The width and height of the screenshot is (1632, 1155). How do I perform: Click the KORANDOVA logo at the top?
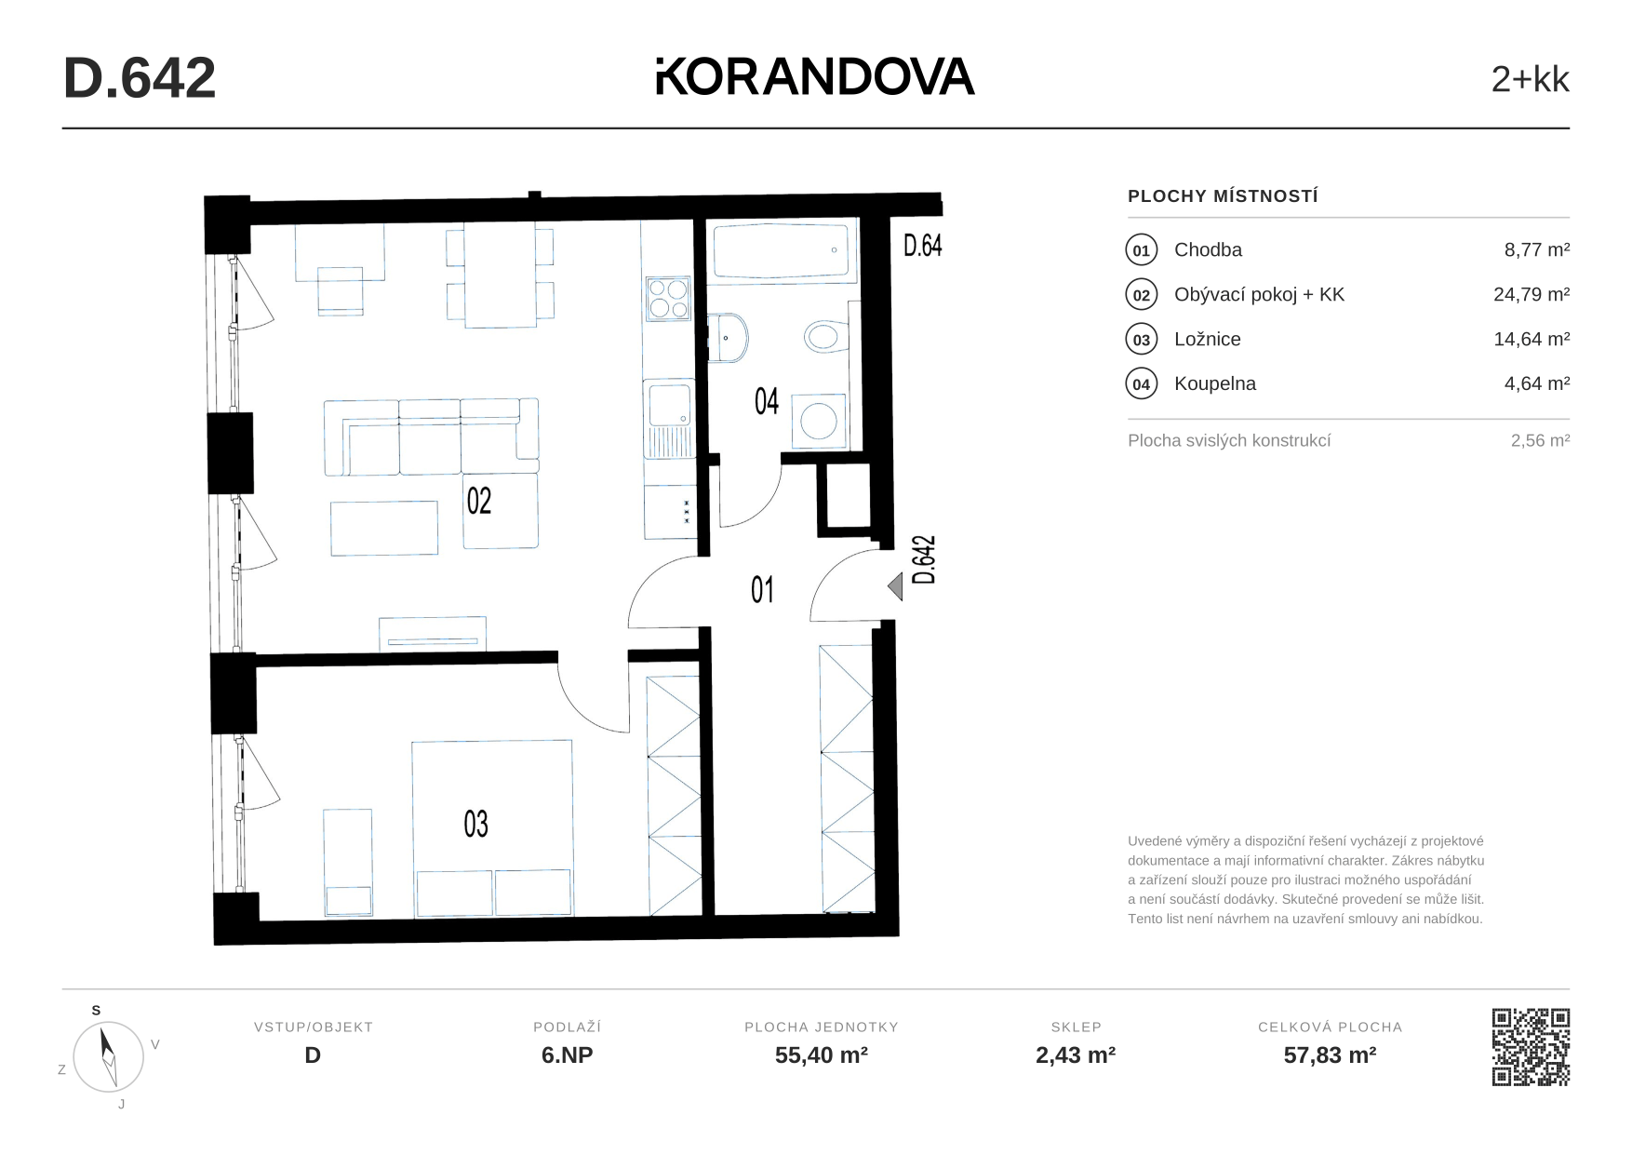click(x=815, y=76)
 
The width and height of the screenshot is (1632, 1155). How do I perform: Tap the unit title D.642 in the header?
click(x=140, y=78)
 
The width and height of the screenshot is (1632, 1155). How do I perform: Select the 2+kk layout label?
click(x=1530, y=80)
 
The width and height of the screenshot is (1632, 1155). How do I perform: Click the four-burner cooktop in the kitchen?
click(x=668, y=299)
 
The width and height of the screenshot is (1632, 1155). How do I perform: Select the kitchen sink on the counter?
click(x=668, y=418)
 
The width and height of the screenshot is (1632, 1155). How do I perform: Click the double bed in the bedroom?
click(x=492, y=828)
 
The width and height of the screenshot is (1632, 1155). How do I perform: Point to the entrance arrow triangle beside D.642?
click(x=895, y=587)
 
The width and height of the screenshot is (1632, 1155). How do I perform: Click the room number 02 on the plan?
click(x=478, y=501)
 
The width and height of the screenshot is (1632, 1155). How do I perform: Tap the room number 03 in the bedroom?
click(x=475, y=824)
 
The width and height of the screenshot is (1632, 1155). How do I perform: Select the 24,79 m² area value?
click(x=1532, y=294)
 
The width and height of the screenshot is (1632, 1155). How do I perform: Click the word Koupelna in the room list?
click(x=1214, y=383)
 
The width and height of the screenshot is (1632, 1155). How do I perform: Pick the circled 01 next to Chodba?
click(x=1142, y=250)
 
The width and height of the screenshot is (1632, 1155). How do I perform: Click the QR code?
click(x=1531, y=1047)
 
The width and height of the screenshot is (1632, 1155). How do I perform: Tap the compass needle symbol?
click(x=109, y=1056)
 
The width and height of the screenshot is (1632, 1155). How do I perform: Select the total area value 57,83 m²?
click(x=1330, y=1055)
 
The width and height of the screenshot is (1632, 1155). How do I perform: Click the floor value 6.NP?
click(x=568, y=1055)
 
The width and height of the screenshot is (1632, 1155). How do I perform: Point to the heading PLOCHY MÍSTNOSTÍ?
click(x=1223, y=196)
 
